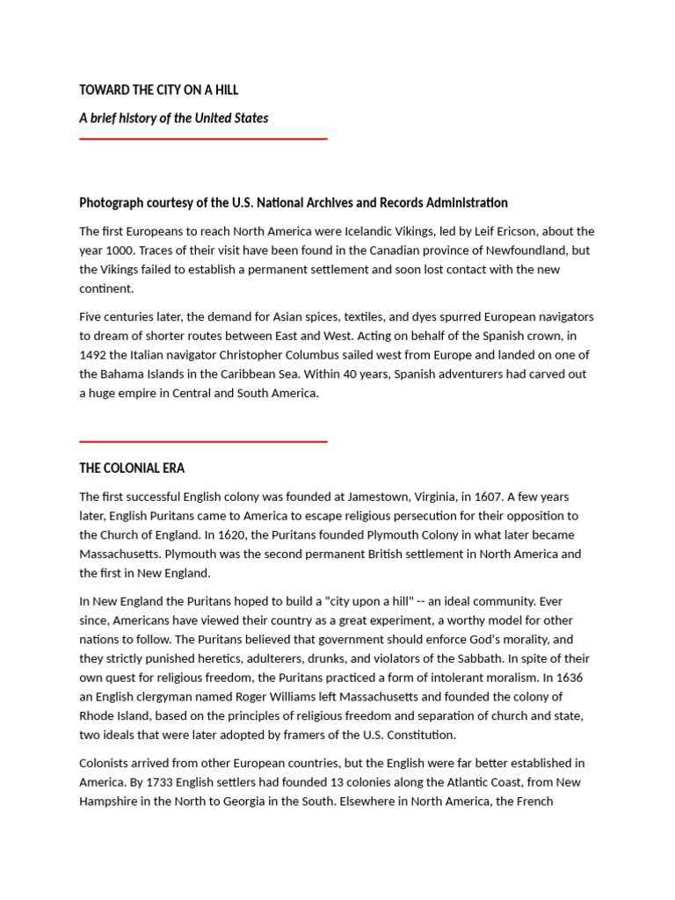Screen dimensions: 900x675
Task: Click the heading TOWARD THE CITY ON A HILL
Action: point(158,90)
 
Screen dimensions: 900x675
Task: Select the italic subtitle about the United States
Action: point(173,118)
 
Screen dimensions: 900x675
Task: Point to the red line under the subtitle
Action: point(203,139)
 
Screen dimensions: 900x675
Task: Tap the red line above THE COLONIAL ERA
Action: point(203,441)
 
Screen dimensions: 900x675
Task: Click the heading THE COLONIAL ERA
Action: point(132,468)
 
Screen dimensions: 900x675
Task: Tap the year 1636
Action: point(569,678)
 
